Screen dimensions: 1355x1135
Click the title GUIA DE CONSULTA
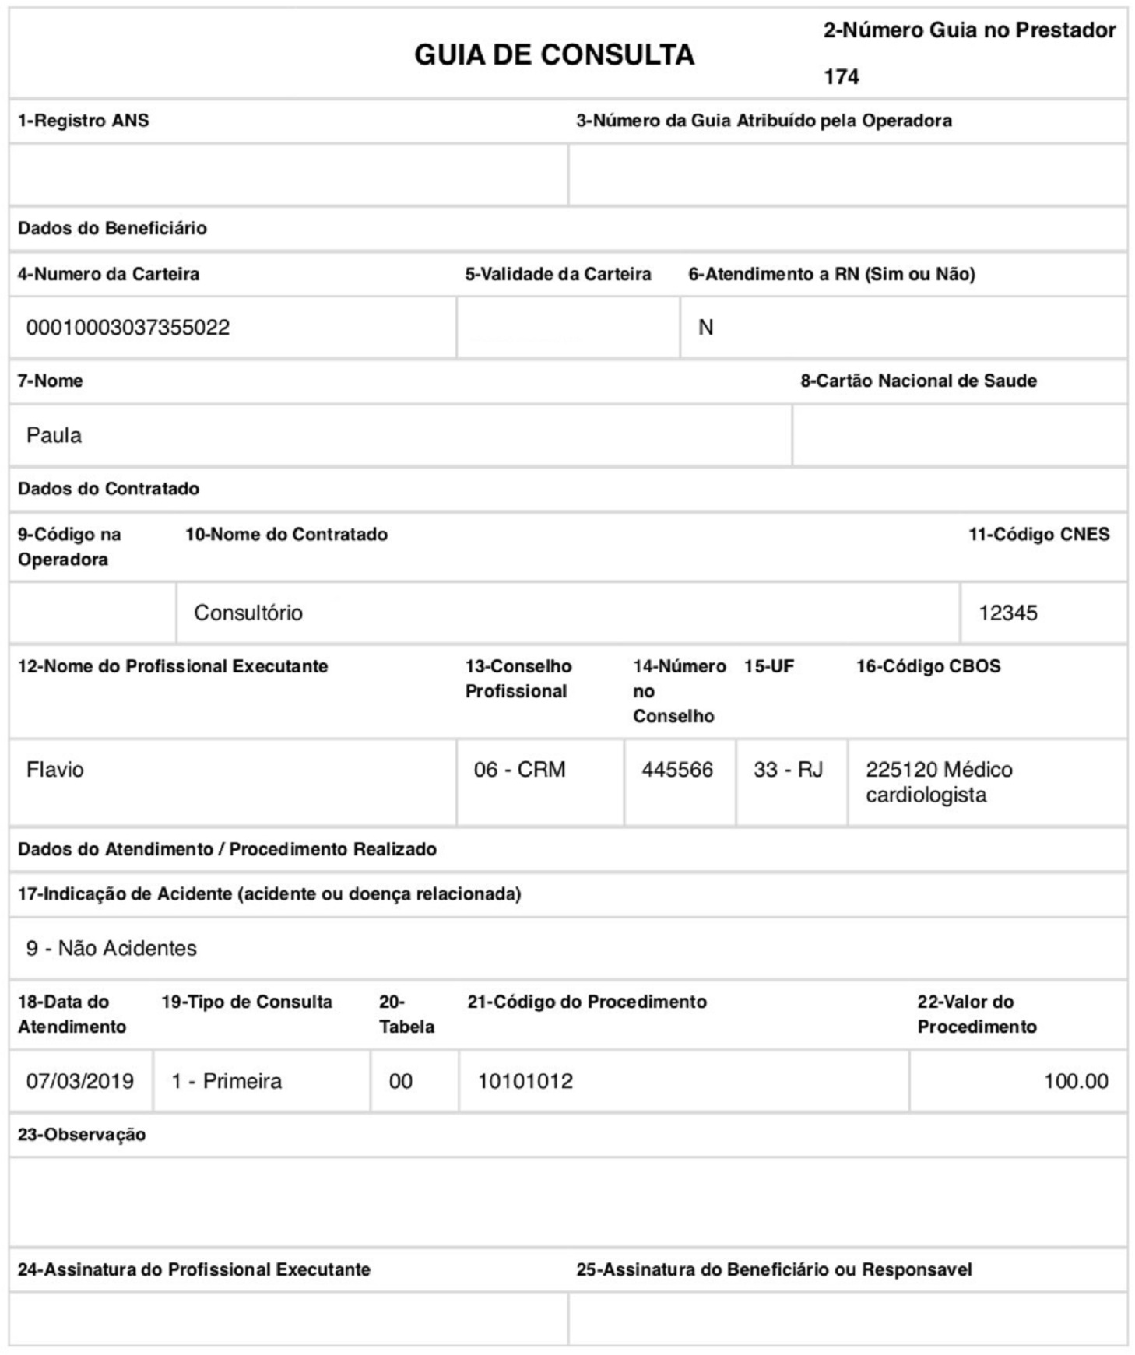coord(553,54)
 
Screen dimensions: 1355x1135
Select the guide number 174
coord(841,77)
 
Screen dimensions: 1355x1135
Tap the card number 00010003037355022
coord(128,328)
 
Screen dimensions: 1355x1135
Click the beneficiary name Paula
coord(54,435)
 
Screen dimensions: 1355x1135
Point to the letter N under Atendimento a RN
coord(705,328)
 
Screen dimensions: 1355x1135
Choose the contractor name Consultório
coord(248,613)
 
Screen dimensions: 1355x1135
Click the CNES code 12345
coord(1007,613)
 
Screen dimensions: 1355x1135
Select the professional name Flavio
coord(54,770)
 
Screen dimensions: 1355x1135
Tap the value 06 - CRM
coord(519,770)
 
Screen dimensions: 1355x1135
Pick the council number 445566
coord(676,770)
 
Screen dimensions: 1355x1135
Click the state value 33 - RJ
coord(788,770)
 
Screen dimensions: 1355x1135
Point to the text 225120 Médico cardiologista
coord(938,782)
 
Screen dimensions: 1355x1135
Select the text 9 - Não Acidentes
coord(111,948)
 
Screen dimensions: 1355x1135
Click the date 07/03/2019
coord(79,1081)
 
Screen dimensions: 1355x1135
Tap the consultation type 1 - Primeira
coord(227,1081)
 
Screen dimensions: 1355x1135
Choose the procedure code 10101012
coord(525,1081)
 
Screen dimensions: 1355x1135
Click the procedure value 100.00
coord(1075,1081)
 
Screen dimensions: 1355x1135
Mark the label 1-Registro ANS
coord(83,121)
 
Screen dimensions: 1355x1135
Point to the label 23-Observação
coord(81,1135)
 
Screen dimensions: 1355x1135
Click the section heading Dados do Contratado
coord(108,489)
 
